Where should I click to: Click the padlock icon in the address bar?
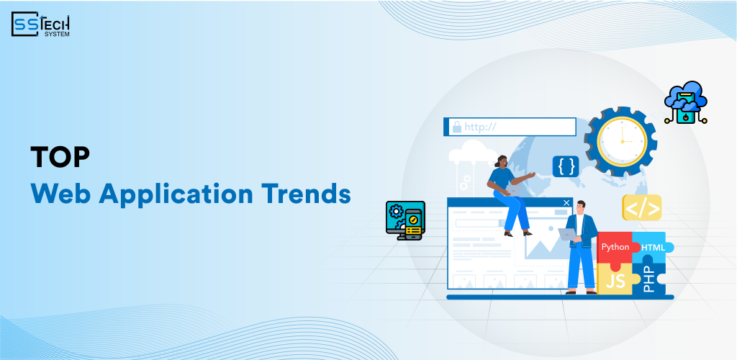(456, 127)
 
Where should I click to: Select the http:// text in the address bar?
(481, 127)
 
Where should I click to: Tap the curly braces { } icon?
(566, 166)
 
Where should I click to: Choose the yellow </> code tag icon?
(641, 208)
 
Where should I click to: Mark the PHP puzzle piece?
(651, 277)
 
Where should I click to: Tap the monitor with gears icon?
(406, 220)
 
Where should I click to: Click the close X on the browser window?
(566, 203)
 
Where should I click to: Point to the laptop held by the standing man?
(569, 234)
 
